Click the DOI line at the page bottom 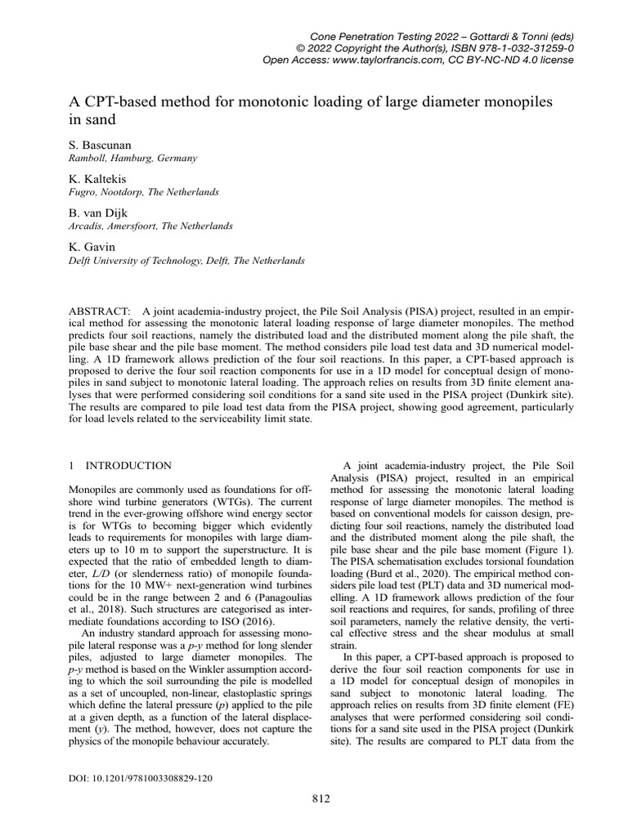point(140,778)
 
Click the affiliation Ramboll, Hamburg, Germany point(132,159)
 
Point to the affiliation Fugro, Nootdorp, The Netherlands point(143,192)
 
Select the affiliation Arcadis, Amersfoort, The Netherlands point(150,226)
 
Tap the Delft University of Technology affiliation point(186,261)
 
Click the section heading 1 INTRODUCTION point(119,465)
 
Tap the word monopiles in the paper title point(518,102)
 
